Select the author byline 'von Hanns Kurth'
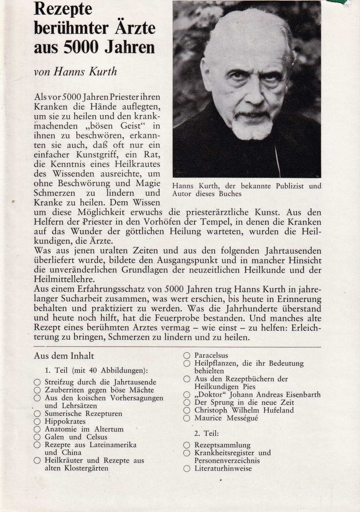pos(75,71)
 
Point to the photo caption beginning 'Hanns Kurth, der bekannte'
pos(247,190)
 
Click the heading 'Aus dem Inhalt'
pos(64,356)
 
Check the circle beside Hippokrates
pos(37,422)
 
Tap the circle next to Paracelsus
pos(186,356)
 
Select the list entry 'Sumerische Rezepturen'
pos(83,414)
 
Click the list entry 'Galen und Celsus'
pos(76,437)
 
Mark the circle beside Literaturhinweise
pos(186,469)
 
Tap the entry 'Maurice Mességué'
pos(226,418)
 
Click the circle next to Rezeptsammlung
pos(186,445)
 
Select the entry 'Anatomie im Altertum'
pos(84,429)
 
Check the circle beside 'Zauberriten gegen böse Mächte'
pos(37,390)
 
